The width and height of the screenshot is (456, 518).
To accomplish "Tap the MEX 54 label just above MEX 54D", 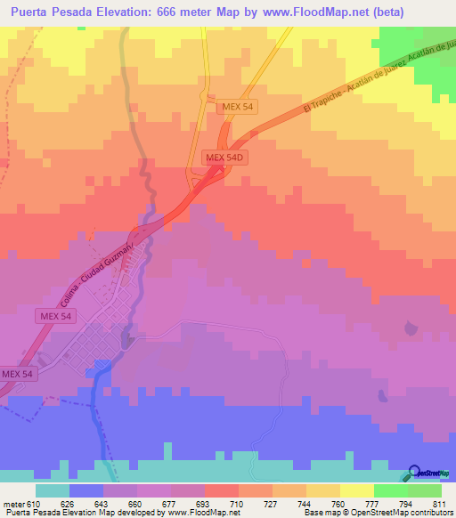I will click(236, 107).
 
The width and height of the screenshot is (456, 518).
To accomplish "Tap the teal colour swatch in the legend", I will click(53, 490).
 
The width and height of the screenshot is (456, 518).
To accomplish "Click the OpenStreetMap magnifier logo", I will click(416, 473).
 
